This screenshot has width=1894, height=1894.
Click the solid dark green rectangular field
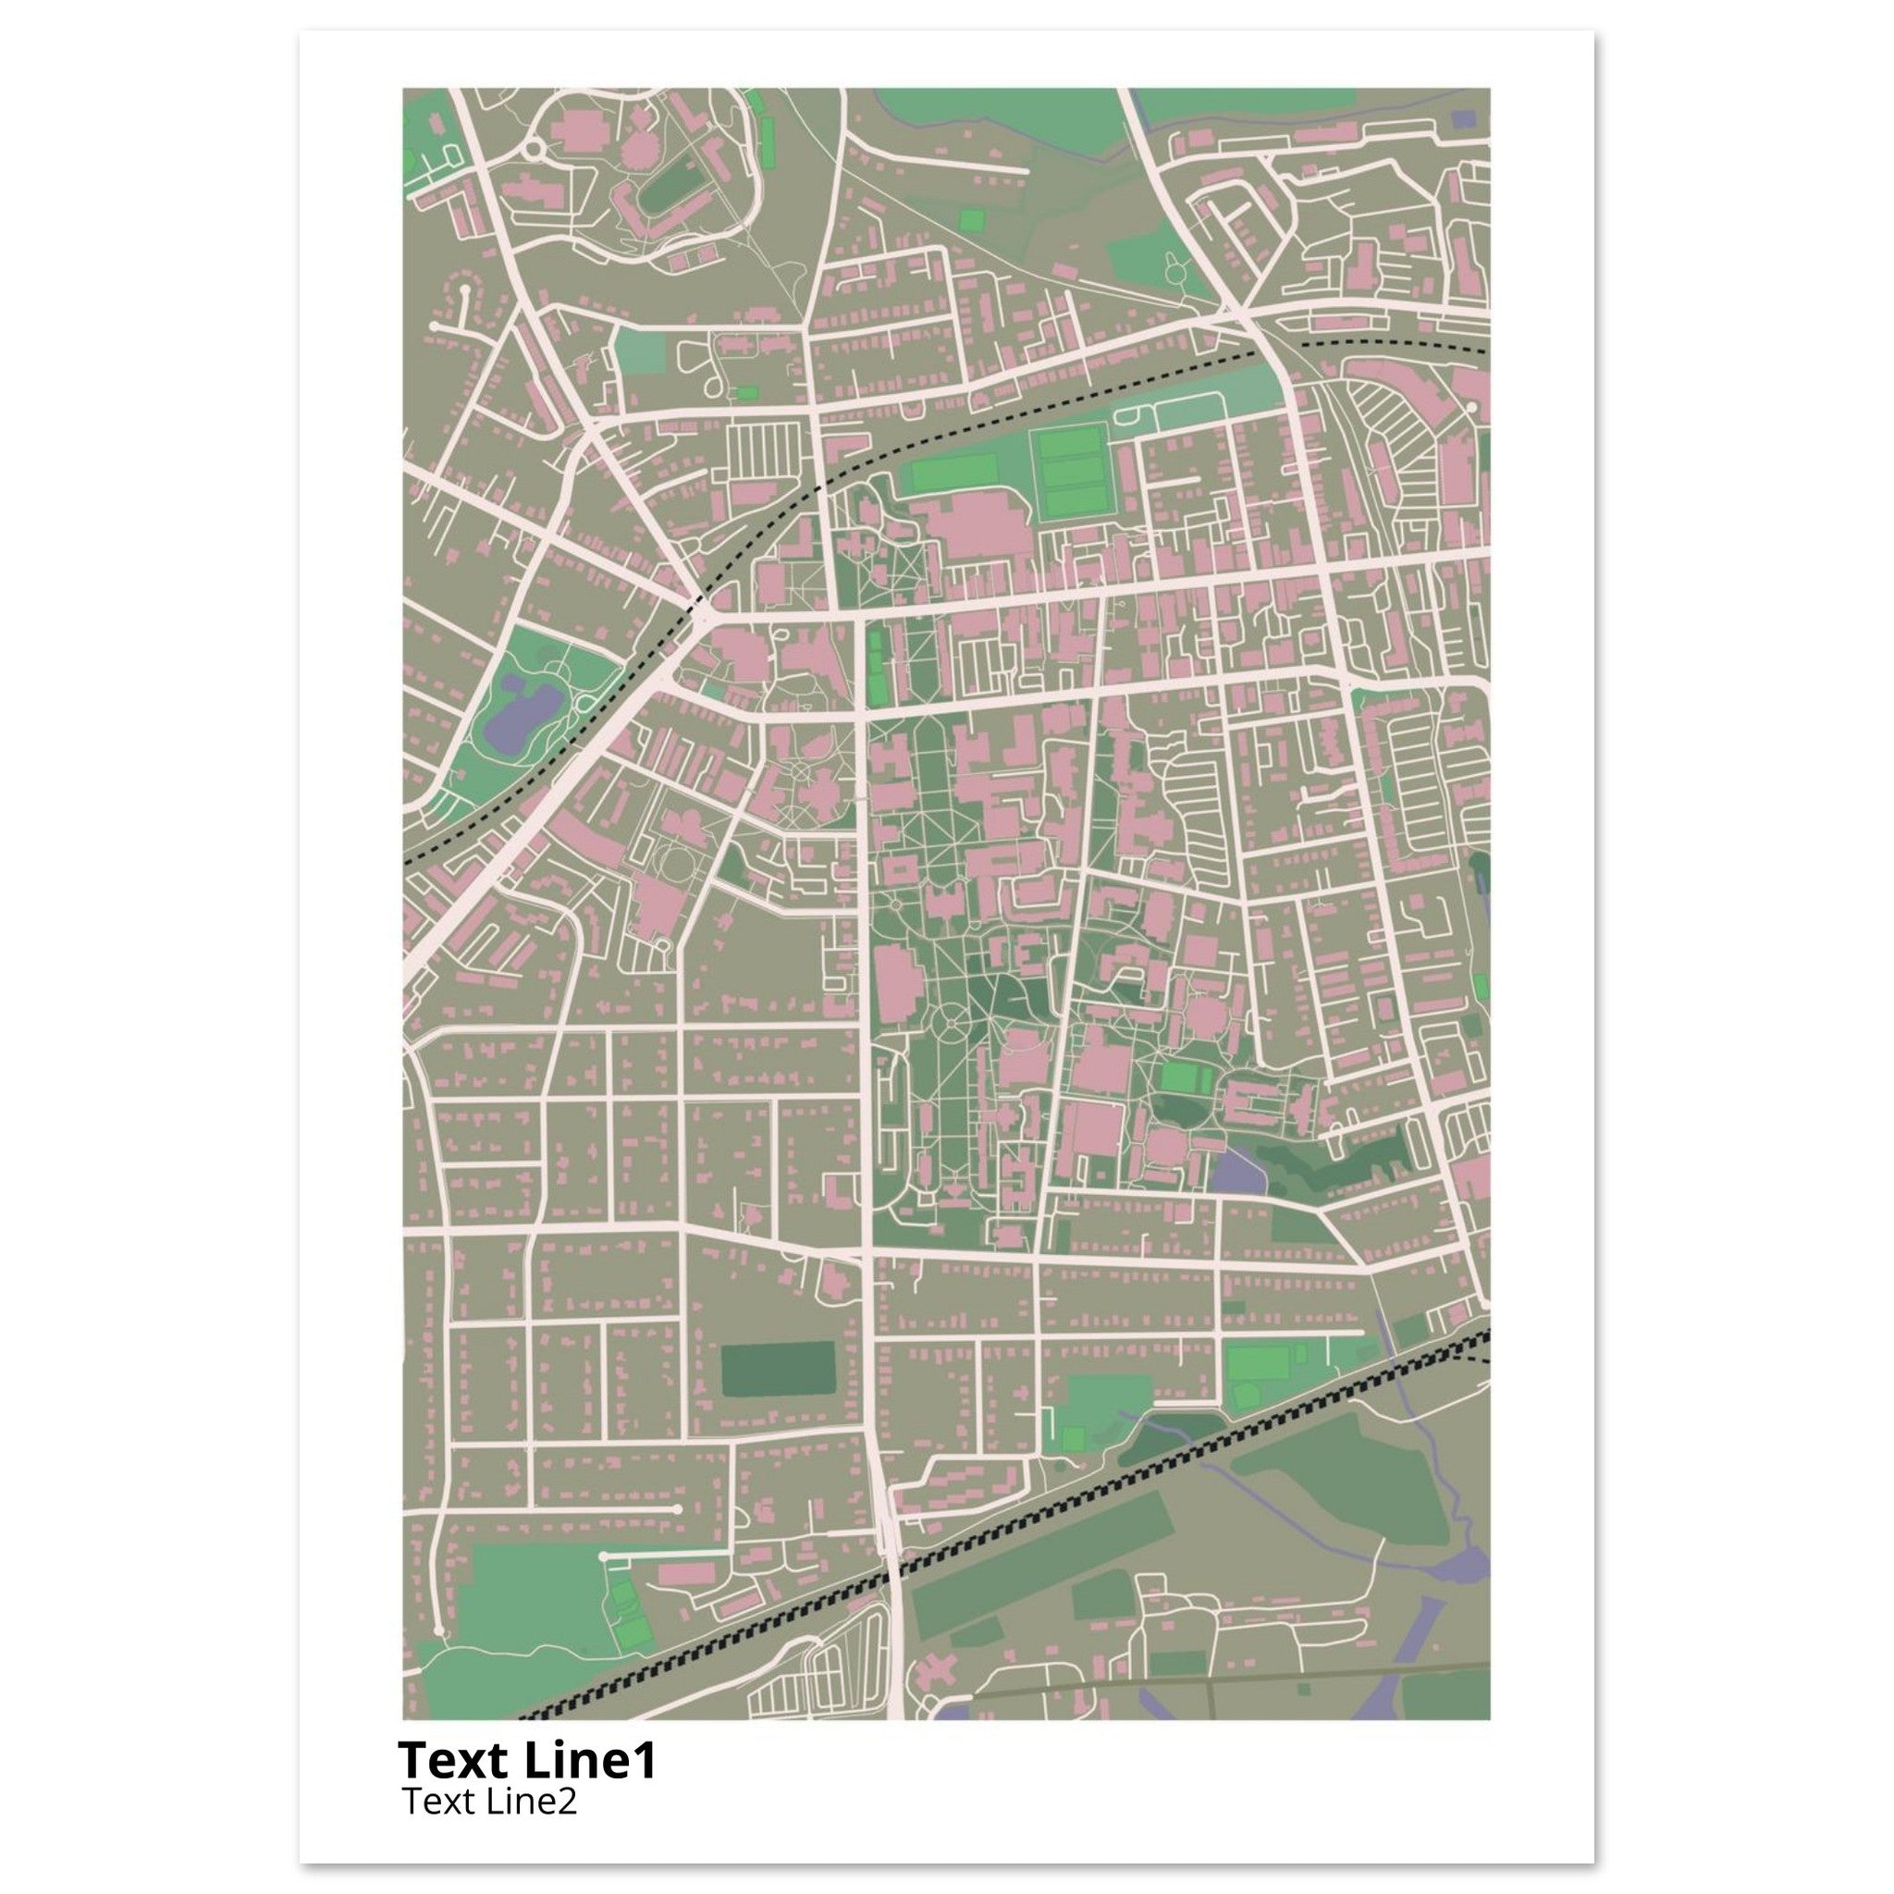(x=778, y=1370)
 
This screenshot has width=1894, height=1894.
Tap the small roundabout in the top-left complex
(x=535, y=149)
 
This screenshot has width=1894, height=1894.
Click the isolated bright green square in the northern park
(x=972, y=219)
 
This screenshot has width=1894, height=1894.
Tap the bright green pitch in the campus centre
(x=1179, y=1078)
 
